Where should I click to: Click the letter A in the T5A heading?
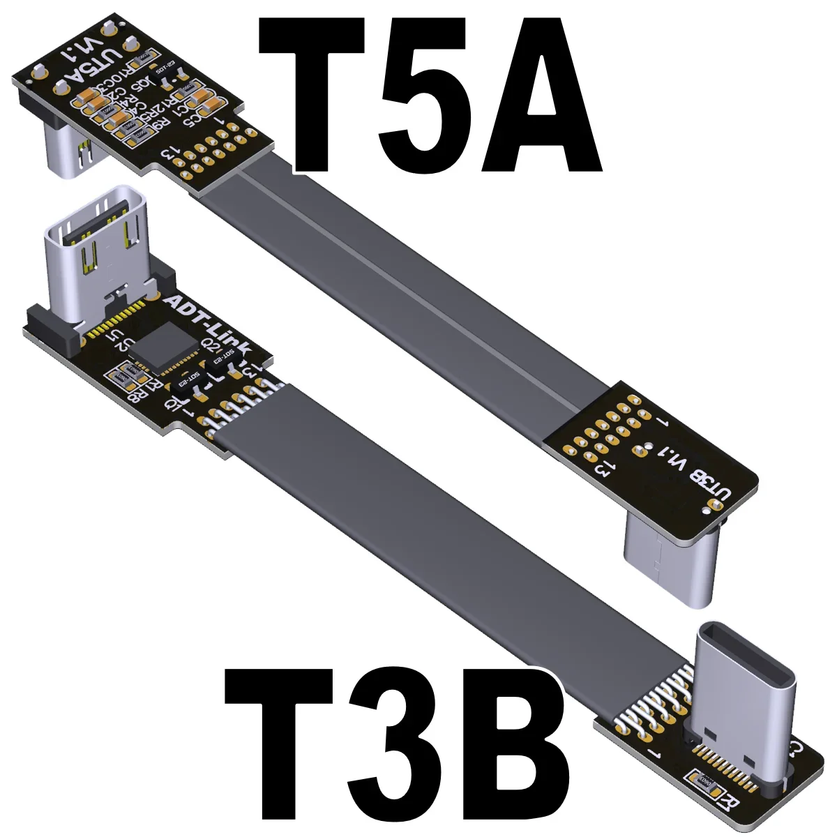tap(541, 98)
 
